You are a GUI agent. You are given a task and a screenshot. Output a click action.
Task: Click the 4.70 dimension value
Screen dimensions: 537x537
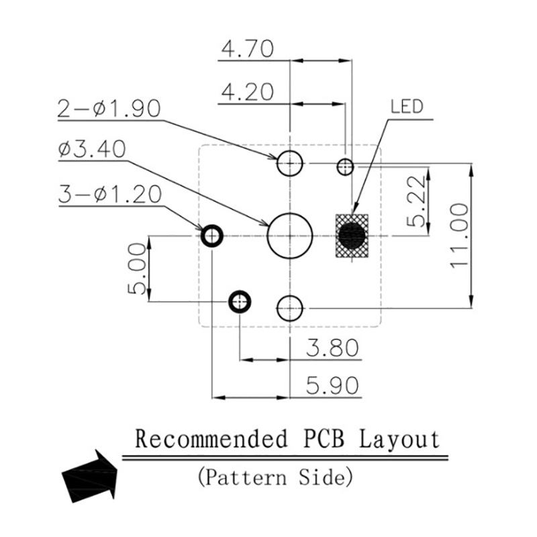pos(248,49)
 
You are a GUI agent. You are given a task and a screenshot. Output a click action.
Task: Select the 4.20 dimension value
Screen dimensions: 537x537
pos(248,91)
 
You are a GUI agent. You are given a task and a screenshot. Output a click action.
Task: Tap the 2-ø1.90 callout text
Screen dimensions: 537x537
pos(109,108)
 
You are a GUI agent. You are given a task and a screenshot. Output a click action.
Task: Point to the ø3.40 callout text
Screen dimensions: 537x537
pos(92,149)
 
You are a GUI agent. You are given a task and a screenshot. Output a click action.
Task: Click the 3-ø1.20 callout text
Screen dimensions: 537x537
pos(109,195)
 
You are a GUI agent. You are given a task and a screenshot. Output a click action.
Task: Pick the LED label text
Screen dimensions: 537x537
pos(407,107)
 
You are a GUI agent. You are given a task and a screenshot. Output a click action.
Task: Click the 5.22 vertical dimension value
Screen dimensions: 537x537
pos(416,201)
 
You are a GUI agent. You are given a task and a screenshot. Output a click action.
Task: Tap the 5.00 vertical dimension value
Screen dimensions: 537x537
pos(136,268)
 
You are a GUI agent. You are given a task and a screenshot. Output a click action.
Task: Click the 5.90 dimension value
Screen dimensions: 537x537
pos(332,385)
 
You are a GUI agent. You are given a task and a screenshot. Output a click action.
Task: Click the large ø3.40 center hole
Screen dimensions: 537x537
pos(290,236)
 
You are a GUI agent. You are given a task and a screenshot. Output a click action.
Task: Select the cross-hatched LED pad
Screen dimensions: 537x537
pos(352,236)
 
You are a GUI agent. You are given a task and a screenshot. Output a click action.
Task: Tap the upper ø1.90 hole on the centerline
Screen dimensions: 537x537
pos(290,162)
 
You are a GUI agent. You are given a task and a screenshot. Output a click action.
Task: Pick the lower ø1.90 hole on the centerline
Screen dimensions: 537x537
pos(290,308)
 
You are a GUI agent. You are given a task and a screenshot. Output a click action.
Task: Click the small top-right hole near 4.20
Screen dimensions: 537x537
pos(346,166)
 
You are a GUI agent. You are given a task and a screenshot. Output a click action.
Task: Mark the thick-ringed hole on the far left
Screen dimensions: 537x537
pos(212,236)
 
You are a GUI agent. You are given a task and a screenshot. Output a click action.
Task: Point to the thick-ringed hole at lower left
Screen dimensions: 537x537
pos(240,302)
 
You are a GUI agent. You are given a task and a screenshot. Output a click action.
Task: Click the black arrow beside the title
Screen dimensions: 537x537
pos(89,477)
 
